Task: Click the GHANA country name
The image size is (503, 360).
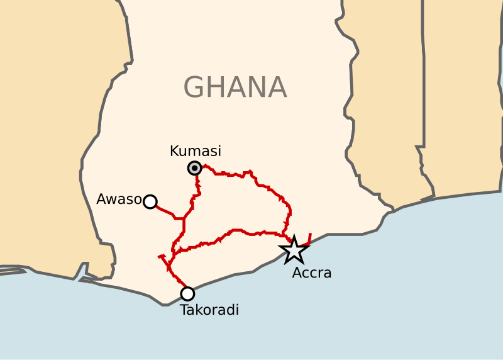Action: click(x=235, y=87)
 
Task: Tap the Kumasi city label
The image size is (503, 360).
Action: click(x=196, y=152)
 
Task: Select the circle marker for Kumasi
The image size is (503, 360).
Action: click(x=195, y=168)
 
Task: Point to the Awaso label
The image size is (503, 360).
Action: click(x=118, y=200)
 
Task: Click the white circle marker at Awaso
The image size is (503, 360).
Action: click(x=150, y=201)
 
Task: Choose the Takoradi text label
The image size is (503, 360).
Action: click(x=209, y=310)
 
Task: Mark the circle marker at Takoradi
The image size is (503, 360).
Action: click(x=187, y=293)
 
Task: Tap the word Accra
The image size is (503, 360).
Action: click(x=312, y=273)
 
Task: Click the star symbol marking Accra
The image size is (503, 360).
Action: click(x=294, y=250)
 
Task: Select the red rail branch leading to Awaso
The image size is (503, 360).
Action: click(x=165, y=211)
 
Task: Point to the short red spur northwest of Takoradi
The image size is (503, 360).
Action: click(x=164, y=258)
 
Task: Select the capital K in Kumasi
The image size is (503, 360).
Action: click(x=174, y=152)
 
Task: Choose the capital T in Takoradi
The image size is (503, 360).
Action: click(x=184, y=310)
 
